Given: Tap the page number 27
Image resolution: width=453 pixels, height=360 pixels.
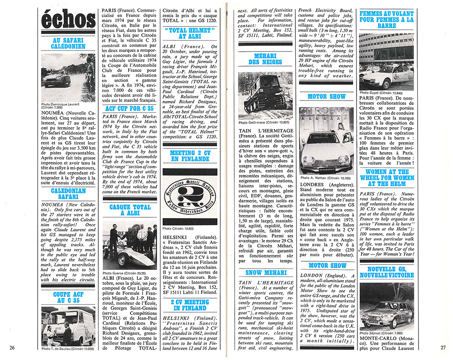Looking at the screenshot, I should (442, 347).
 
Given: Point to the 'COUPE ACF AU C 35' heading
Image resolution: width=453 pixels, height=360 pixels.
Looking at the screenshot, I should (68, 297).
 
